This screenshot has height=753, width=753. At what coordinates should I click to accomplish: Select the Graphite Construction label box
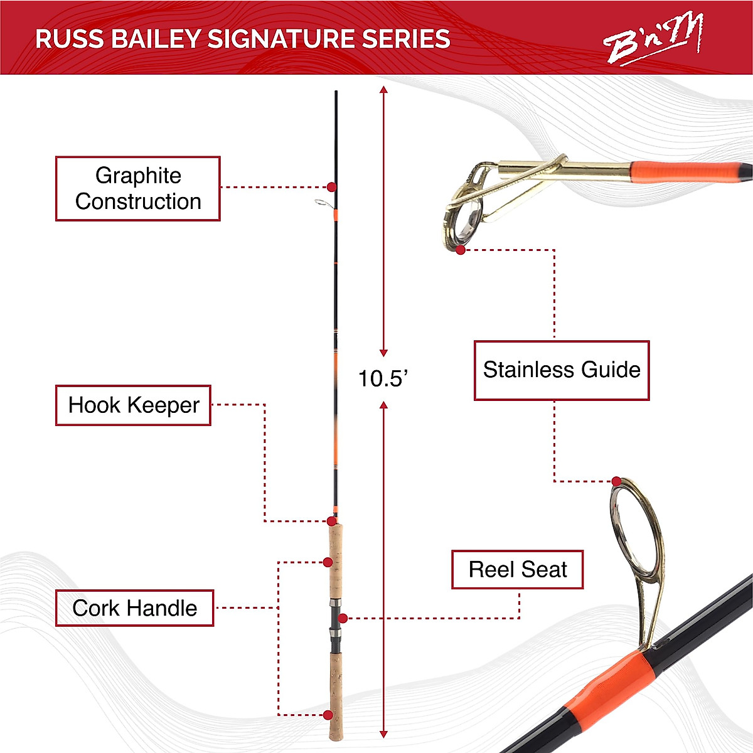[x=138, y=188]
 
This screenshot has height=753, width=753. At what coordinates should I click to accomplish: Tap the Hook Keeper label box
[x=133, y=405]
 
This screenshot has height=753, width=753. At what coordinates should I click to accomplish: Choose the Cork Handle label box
[x=134, y=608]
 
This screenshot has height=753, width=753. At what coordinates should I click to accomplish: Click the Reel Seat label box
[x=517, y=570]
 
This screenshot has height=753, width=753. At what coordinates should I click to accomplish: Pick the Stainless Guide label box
[x=561, y=370]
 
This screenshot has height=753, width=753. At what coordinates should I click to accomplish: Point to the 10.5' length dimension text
[x=383, y=378]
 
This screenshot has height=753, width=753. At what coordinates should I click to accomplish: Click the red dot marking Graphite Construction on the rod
[x=331, y=187]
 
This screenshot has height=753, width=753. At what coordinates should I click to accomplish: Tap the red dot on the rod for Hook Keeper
[x=331, y=521]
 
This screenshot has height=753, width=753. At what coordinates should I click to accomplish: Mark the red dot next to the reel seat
[x=343, y=618]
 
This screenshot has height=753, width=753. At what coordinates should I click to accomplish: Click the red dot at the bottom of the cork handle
[x=328, y=715]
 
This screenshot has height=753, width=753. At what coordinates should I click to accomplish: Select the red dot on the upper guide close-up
[x=461, y=250]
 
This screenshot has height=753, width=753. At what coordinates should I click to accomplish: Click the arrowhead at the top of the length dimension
[x=383, y=90]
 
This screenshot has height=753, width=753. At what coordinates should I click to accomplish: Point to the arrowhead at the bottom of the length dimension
[x=383, y=734]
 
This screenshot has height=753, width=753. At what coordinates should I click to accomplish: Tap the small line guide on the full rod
[x=321, y=203]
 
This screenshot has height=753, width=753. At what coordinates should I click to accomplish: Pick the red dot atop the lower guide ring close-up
[x=617, y=481]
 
